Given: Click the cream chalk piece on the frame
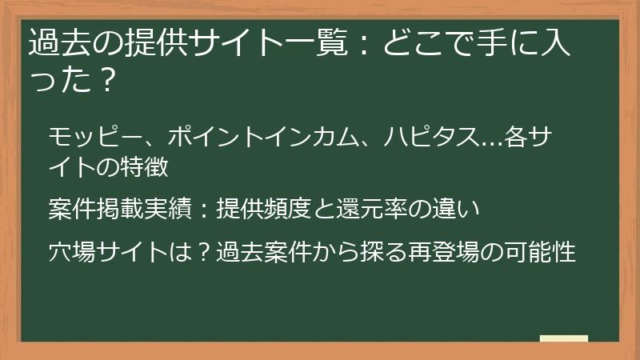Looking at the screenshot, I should tap(563, 338).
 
